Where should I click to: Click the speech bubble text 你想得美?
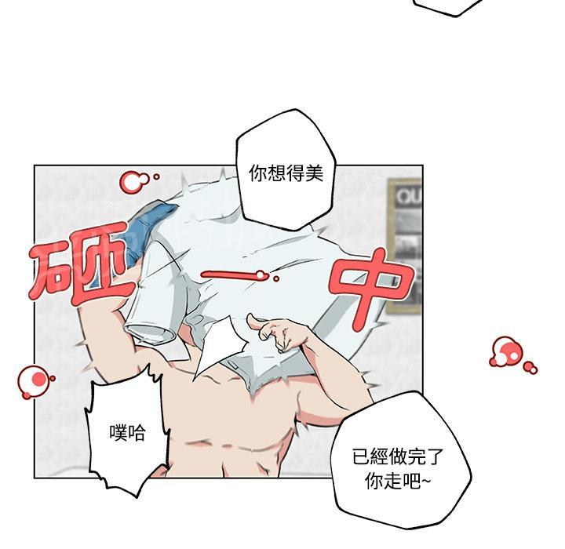click(x=286, y=173)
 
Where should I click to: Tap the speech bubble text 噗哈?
click(x=129, y=432)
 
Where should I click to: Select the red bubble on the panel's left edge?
click(x=35, y=380)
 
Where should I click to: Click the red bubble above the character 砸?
click(x=133, y=182)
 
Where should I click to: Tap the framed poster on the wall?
click(x=405, y=243)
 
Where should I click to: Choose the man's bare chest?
click(x=235, y=424)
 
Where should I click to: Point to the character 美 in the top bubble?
click(x=314, y=173)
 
